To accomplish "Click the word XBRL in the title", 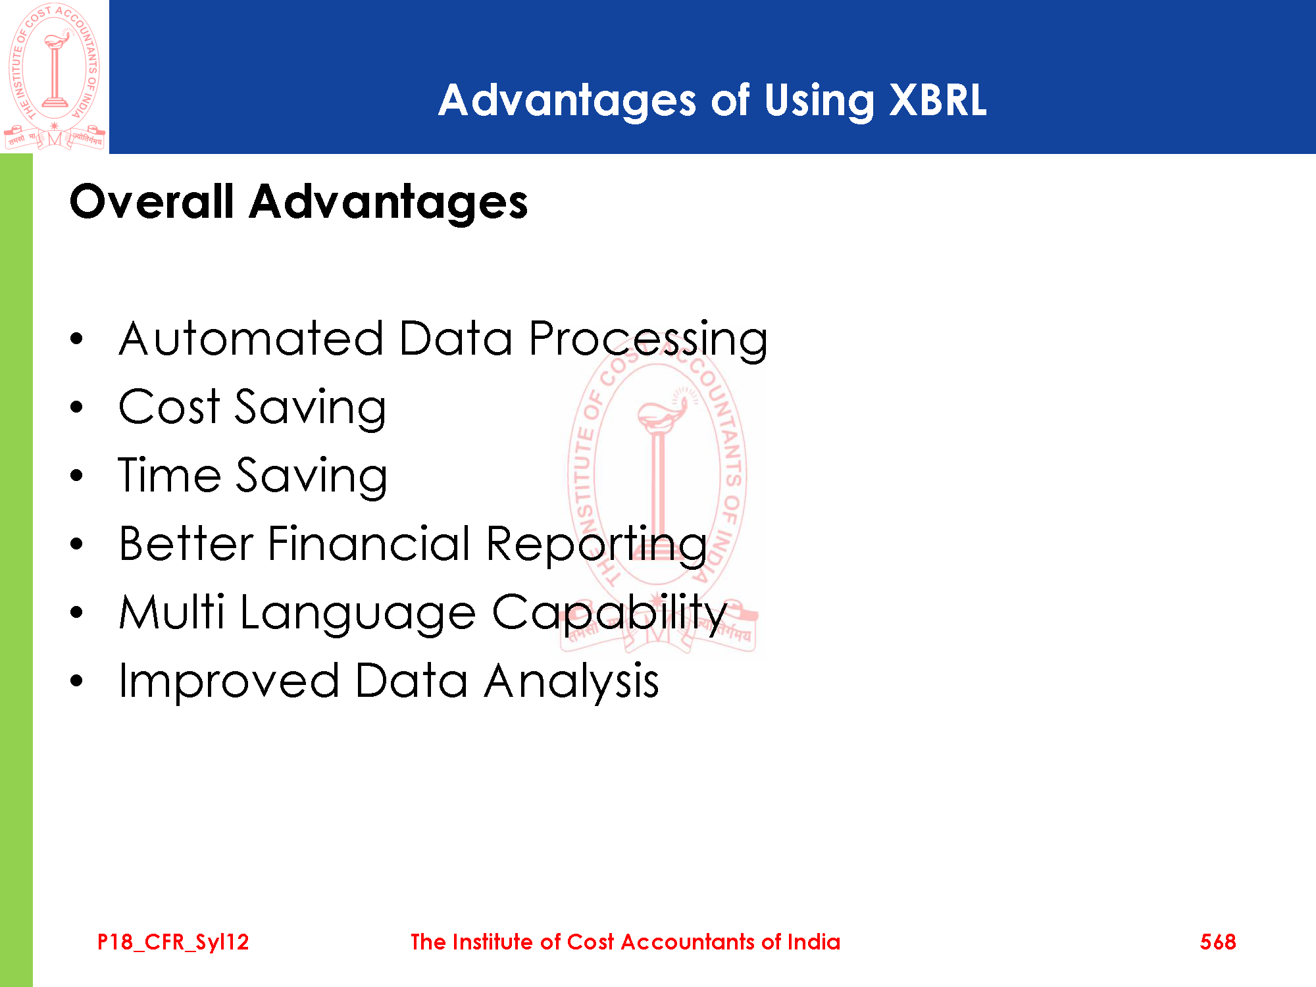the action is click(938, 101).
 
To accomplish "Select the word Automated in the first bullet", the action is click(251, 339).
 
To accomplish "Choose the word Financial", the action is click(369, 544).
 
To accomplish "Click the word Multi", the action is click(172, 612).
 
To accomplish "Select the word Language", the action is click(358, 615).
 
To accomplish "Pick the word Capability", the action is click(610, 615).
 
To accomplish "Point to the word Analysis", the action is click(572, 682).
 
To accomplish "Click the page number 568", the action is click(1218, 942).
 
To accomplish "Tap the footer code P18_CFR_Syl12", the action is click(173, 942).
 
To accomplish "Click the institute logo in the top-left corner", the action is click(55, 76).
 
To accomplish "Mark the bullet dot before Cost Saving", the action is click(77, 407).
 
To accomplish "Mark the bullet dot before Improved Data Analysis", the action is click(77, 680).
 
